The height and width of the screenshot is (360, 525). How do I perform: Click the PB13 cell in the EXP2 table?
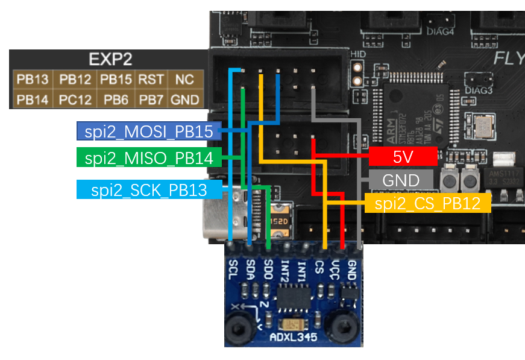tap(31, 80)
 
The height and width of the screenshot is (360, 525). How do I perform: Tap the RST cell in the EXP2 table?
tap(151, 80)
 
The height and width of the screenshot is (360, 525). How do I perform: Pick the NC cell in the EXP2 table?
tap(184, 80)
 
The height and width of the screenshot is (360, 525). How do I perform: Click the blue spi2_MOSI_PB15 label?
tap(148, 130)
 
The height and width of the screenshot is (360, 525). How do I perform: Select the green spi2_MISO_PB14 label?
tap(148, 158)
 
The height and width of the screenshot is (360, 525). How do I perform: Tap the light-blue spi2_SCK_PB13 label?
tap(148, 190)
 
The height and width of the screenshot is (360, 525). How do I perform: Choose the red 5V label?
tap(402, 157)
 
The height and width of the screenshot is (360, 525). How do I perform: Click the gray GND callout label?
tap(400, 180)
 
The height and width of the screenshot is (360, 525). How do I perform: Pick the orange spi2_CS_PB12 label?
tap(427, 203)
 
